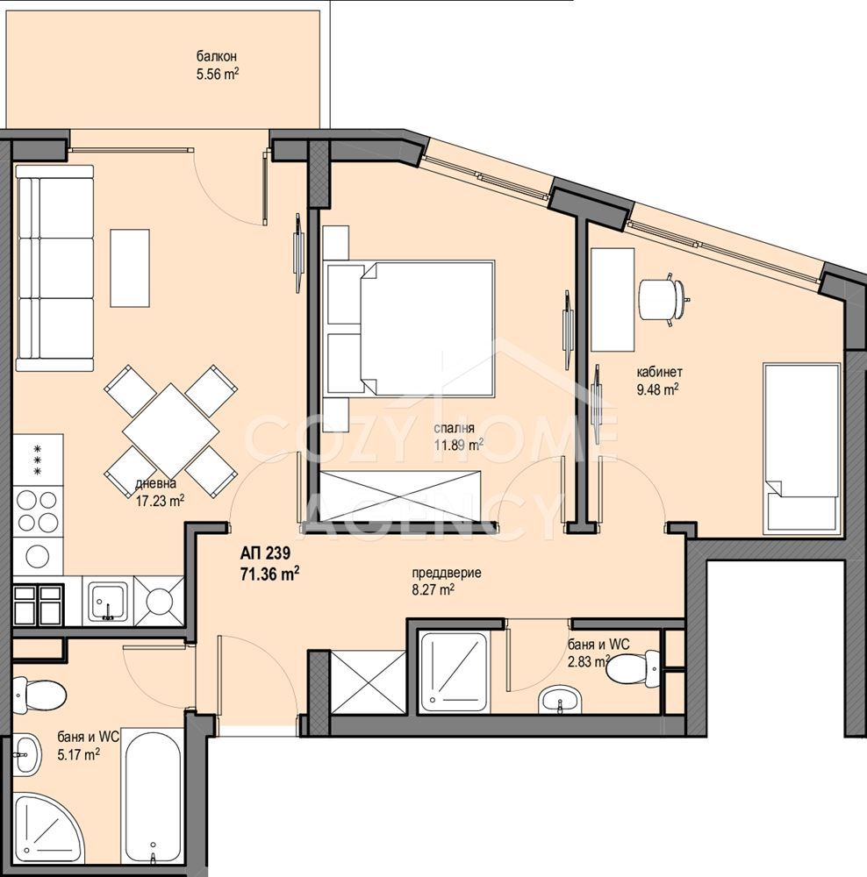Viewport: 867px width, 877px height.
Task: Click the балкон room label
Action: point(216,56)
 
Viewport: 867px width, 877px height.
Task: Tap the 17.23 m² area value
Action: point(160,501)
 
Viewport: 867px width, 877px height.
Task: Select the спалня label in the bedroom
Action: point(454,429)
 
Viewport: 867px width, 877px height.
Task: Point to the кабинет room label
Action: point(659,372)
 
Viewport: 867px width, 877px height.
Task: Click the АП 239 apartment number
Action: point(265,553)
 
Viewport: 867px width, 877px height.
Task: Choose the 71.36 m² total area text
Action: point(269,574)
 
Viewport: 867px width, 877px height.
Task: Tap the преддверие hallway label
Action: point(446,574)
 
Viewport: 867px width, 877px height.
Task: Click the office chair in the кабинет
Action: point(663,299)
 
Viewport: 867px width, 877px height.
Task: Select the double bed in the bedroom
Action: point(409,329)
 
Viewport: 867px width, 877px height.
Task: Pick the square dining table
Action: point(171,431)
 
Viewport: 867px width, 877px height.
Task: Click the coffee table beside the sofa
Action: point(130,267)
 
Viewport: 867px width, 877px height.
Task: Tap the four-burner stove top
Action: point(38,511)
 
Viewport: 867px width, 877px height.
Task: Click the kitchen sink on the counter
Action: point(108,602)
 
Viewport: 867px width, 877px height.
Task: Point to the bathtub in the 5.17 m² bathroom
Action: point(152,802)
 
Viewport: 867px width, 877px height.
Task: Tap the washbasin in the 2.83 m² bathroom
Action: point(560,700)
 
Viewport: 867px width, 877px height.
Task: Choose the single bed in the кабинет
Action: point(802,448)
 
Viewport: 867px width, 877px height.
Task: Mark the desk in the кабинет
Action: point(613,299)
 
